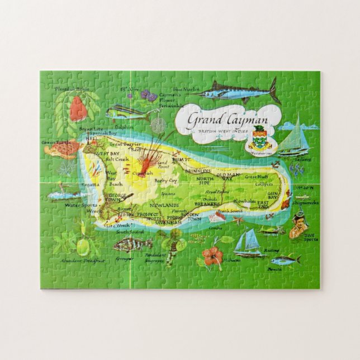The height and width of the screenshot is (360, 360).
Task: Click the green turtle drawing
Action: point(63,149)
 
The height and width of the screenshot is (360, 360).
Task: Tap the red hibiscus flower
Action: point(212,256)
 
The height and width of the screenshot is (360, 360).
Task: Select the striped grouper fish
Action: point(132,244)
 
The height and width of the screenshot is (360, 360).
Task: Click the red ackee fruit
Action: point(78,109)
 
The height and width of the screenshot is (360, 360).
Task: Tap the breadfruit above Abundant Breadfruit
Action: point(83,246)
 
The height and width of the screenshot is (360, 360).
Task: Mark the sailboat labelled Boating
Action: point(248,243)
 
